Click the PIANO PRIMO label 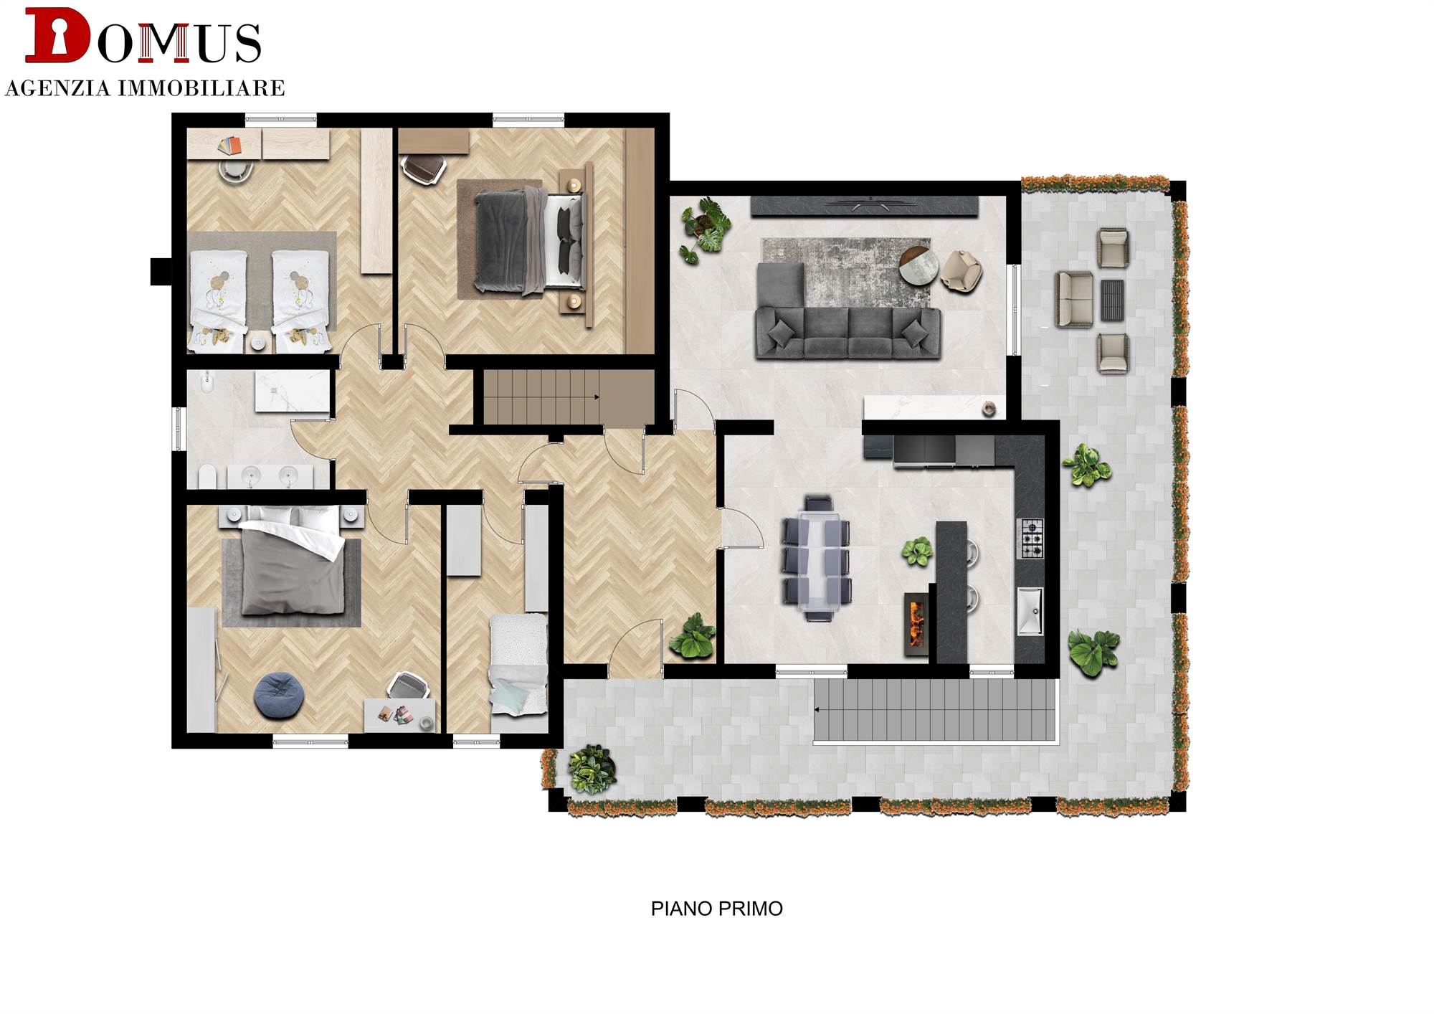(716, 909)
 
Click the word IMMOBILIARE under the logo (201, 88)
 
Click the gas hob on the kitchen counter (1030, 539)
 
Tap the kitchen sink (1030, 611)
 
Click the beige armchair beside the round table (961, 271)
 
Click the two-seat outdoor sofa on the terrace (1074, 300)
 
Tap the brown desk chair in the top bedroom (423, 170)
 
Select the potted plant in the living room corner (705, 229)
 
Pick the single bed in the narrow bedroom (518, 665)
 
